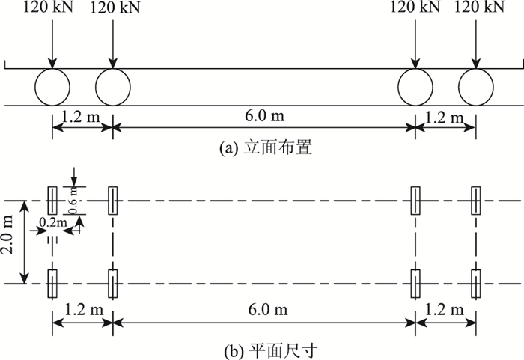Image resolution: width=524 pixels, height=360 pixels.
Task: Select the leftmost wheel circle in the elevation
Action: click(52, 86)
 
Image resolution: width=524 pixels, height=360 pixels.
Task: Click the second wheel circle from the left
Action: click(113, 86)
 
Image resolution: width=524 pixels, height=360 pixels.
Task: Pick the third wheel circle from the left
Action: click(415, 86)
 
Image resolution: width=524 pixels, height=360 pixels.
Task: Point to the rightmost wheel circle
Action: click(476, 86)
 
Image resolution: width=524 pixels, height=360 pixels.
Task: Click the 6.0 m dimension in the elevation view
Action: click(263, 118)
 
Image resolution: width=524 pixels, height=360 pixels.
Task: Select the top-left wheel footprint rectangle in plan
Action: click(52, 201)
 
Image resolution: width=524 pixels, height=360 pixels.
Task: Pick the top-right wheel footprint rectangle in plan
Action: click(476, 201)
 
